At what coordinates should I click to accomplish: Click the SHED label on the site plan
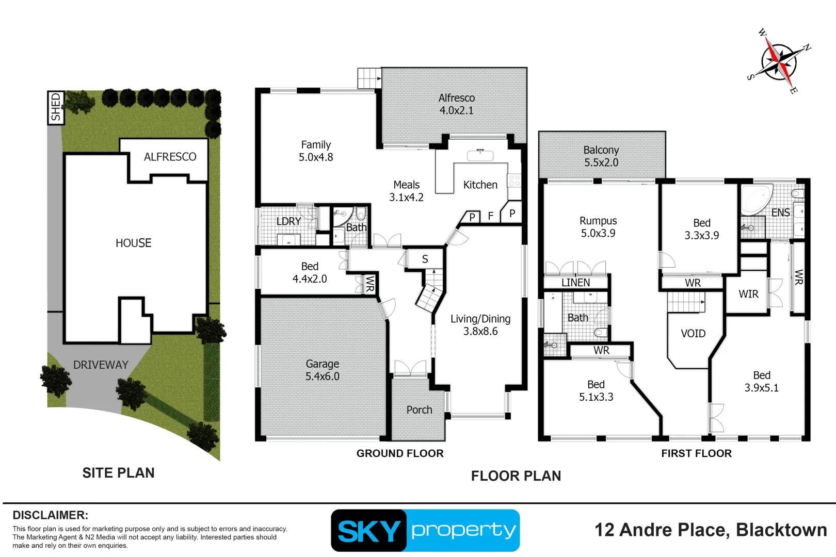pyautogui.click(x=55, y=107)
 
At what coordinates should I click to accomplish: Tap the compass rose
pyautogui.click(x=779, y=61)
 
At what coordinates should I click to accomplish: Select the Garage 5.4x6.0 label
pyautogui.click(x=322, y=370)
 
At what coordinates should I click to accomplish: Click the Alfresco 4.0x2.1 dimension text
pyautogui.click(x=456, y=110)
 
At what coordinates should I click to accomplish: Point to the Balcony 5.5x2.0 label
pyautogui.click(x=601, y=156)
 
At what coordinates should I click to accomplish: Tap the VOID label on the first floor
pyautogui.click(x=693, y=334)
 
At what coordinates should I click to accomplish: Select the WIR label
pyautogui.click(x=748, y=294)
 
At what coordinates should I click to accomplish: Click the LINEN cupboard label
pyautogui.click(x=575, y=283)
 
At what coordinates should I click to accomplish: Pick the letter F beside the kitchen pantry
pyautogui.click(x=491, y=216)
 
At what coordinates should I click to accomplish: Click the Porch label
pyautogui.click(x=419, y=410)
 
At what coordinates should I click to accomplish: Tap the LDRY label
pyautogui.click(x=288, y=221)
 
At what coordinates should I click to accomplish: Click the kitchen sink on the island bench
pyautogui.click(x=480, y=155)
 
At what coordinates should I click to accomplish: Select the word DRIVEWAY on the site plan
pyautogui.click(x=101, y=365)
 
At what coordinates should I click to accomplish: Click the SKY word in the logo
pyautogui.click(x=368, y=531)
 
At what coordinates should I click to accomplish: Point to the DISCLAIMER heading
pyautogui.click(x=50, y=515)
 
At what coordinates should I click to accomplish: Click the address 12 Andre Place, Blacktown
pyautogui.click(x=711, y=530)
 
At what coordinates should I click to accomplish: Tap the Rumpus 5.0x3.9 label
pyautogui.click(x=598, y=227)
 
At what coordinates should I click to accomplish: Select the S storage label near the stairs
pyautogui.click(x=425, y=259)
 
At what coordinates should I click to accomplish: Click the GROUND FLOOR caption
pyautogui.click(x=400, y=453)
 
